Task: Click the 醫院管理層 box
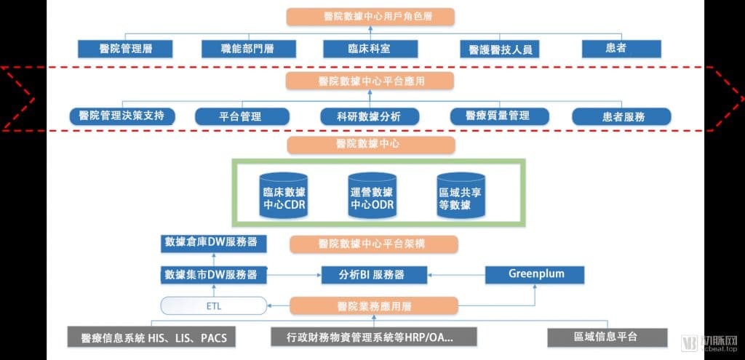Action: coord(125,49)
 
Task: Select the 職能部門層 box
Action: coord(249,49)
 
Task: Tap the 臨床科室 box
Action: coord(370,49)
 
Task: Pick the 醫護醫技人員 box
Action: coord(499,49)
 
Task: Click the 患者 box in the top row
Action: coord(621,49)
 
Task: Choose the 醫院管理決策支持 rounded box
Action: coord(122,116)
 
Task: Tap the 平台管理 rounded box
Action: coord(242,116)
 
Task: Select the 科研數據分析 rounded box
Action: coord(370,116)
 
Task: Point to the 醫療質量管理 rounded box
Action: coord(499,116)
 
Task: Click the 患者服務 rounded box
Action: coord(621,116)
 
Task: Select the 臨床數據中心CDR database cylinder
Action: coord(284,195)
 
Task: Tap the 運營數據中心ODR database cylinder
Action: coord(372,195)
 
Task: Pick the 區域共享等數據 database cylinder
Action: coord(461,195)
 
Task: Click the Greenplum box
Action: coord(535,275)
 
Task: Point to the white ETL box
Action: coord(214,306)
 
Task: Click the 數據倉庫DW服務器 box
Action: coord(213,243)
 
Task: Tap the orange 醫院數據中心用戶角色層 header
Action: coord(370,17)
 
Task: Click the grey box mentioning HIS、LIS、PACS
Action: coord(151,337)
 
